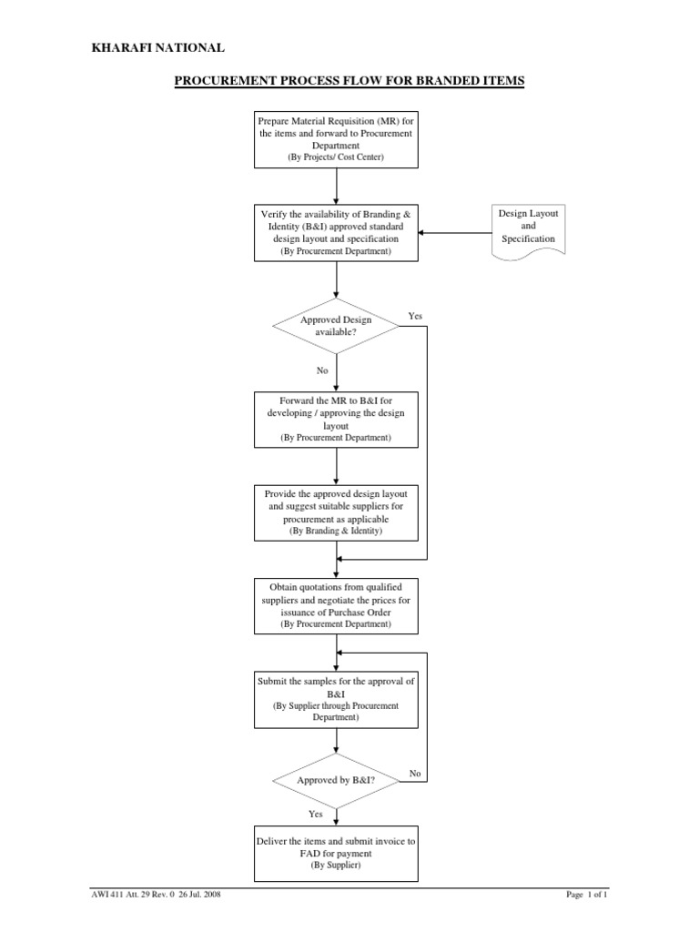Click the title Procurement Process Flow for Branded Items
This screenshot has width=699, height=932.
(x=349, y=81)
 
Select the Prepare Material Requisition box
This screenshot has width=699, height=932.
(x=337, y=139)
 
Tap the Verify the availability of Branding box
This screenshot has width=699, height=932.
(x=337, y=231)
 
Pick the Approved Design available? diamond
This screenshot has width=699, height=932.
(x=337, y=327)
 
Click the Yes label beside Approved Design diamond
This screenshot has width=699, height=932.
(x=416, y=316)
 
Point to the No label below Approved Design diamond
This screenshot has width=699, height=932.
(x=322, y=371)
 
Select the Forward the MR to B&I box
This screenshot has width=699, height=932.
(x=337, y=419)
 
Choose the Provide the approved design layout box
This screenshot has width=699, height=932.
(x=337, y=512)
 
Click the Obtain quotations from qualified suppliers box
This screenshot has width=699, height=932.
(x=337, y=605)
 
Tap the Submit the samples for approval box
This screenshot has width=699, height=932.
(x=337, y=698)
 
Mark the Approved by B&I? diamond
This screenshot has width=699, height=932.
(x=337, y=781)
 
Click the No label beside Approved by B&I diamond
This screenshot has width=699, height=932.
(x=415, y=773)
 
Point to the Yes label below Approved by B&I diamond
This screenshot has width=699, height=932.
(x=316, y=815)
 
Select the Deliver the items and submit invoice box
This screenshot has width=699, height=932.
(x=337, y=853)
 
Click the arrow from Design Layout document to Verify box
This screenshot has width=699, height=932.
(x=455, y=232)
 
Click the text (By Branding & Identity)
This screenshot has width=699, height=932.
(x=337, y=530)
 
